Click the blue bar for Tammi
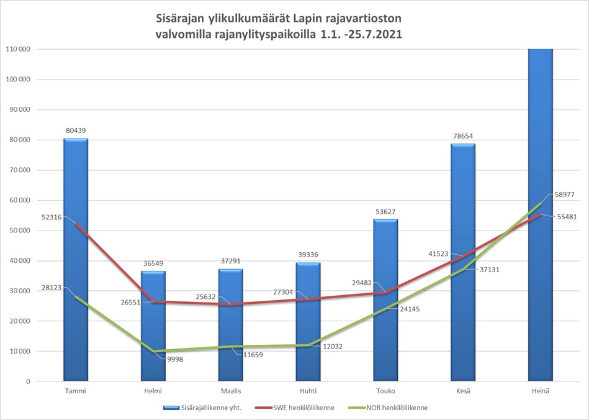pos(75,261)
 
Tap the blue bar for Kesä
pos(463,261)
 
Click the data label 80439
pos(75,130)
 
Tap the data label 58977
pos(564,194)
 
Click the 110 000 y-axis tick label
pos(18,49)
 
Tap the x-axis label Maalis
pos(230,391)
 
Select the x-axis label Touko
pos(385,391)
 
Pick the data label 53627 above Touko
pos(385,211)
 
